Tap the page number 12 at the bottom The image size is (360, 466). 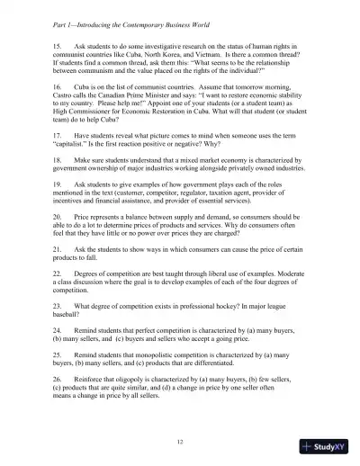pos(181,416)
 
